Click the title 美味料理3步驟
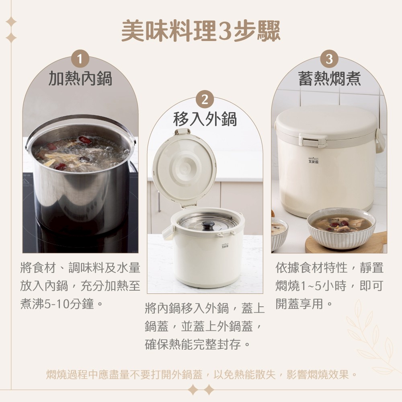[201, 31]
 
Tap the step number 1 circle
[80, 59]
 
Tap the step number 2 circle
[205, 100]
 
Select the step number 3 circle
[329, 59]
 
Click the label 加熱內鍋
[80, 79]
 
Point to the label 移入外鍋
[205, 119]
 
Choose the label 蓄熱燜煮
[329, 79]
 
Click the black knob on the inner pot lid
[208, 225]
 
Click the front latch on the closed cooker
[312, 141]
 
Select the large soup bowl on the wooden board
[341, 228]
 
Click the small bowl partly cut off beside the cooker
[278, 233]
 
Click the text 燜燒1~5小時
[311, 286]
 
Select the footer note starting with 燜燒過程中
[201, 375]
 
